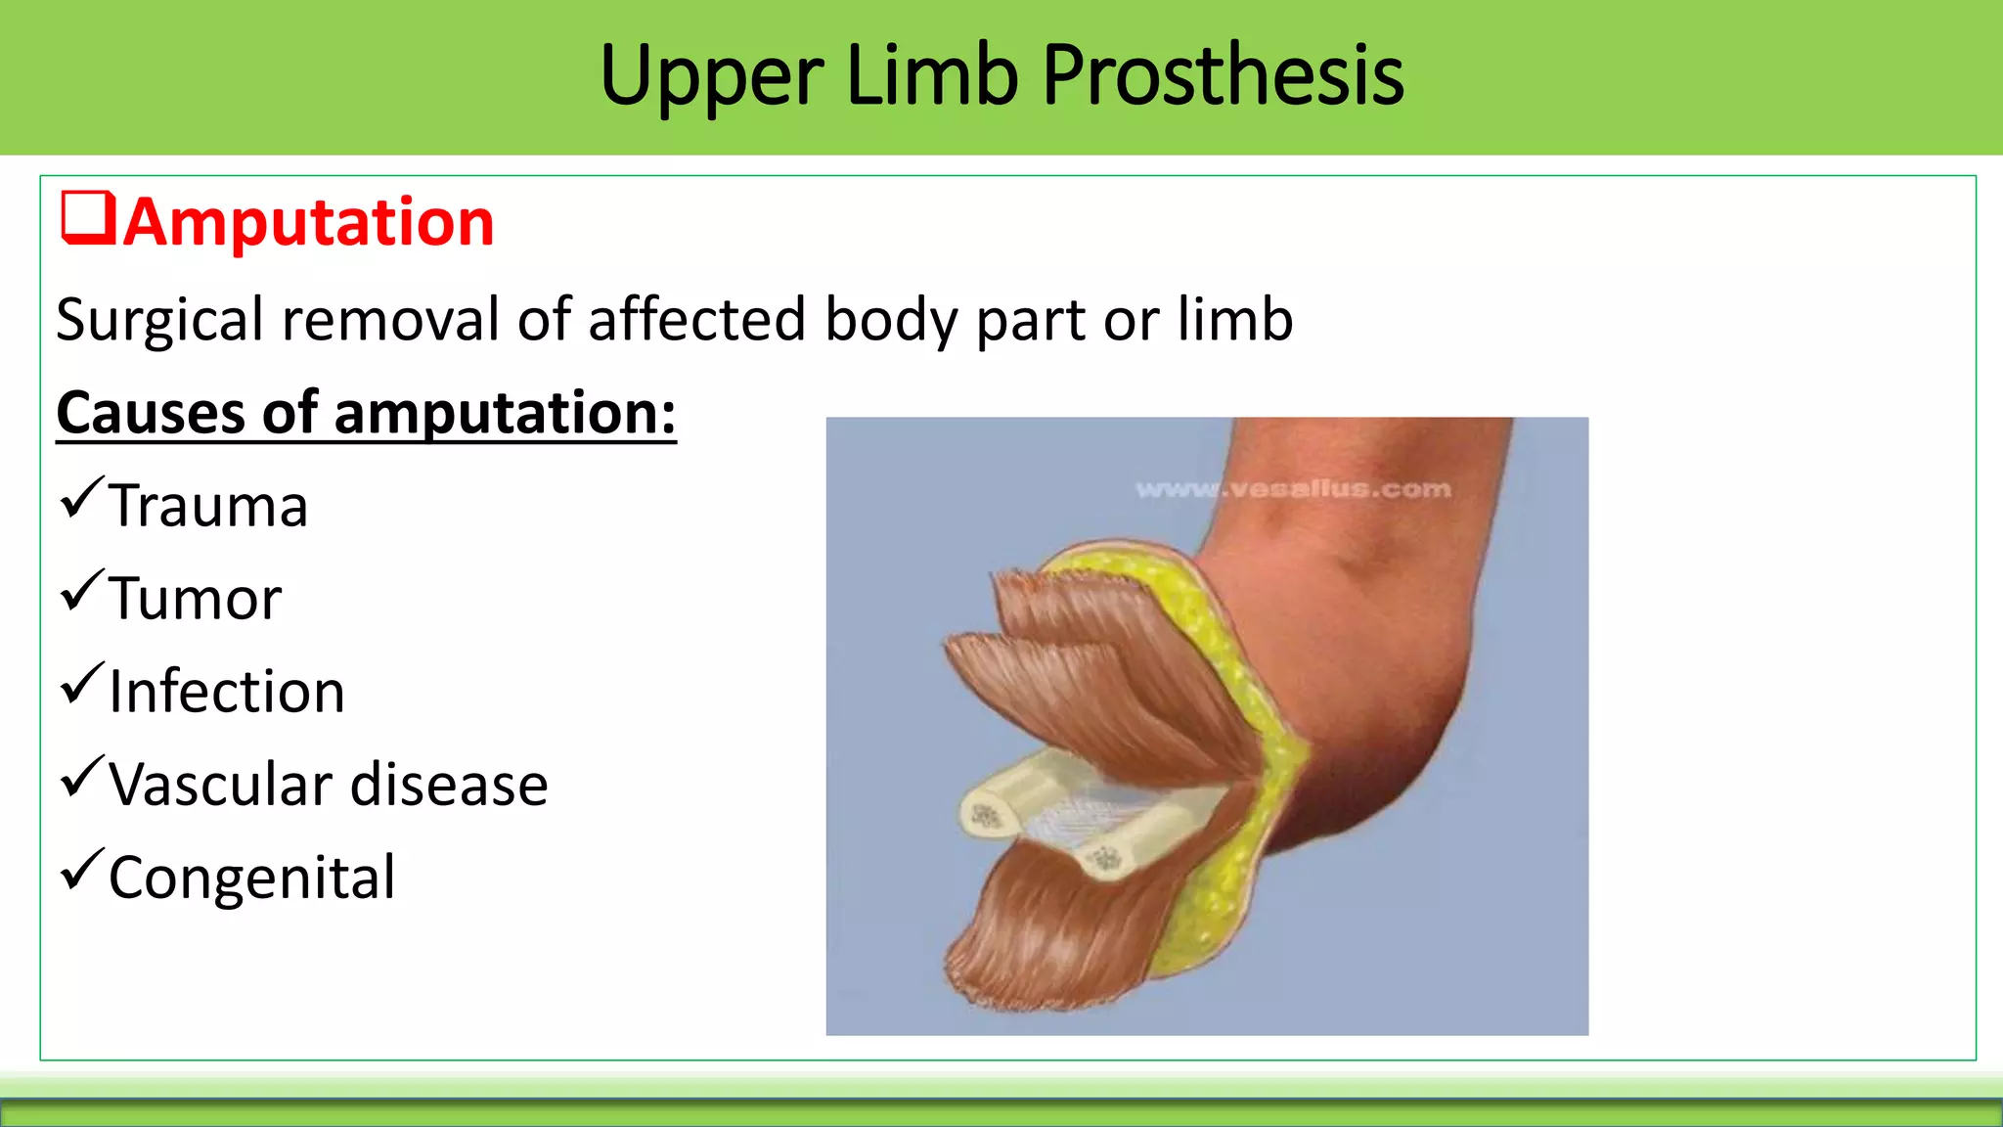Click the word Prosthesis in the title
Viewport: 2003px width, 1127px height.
[1223, 76]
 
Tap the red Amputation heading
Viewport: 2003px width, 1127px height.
[309, 222]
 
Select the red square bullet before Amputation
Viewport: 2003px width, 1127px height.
[88, 217]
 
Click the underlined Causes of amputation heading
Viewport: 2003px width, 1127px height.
[366, 413]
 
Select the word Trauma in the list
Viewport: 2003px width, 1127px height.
[208, 507]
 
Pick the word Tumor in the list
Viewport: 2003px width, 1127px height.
[195, 599]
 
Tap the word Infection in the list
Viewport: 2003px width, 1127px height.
[227, 692]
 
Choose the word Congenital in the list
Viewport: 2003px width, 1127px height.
[252, 878]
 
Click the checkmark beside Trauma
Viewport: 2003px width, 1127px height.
[81, 499]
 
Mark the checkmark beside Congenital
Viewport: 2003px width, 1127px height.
[81, 871]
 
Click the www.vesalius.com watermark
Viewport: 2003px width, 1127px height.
[1293, 489]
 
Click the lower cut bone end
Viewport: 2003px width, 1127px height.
[1105, 860]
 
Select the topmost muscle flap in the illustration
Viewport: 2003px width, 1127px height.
[1086, 616]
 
